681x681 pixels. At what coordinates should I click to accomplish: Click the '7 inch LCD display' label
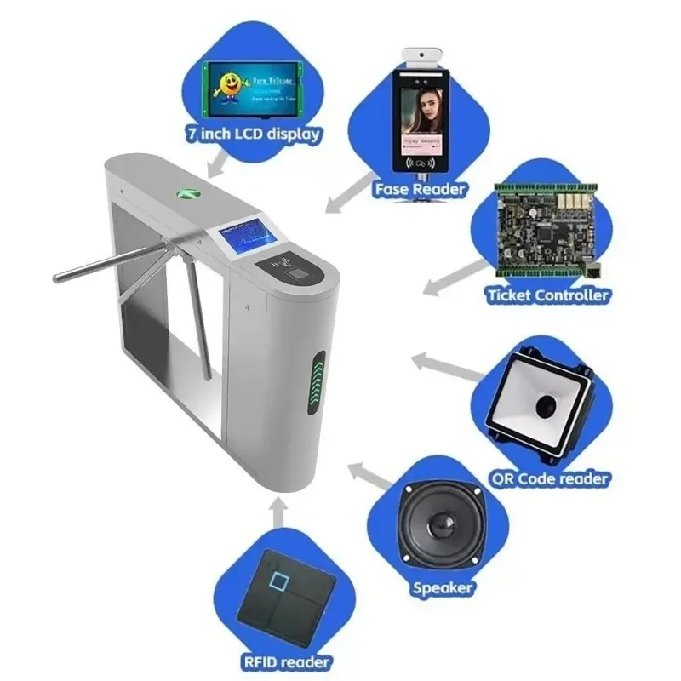click(x=253, y=134)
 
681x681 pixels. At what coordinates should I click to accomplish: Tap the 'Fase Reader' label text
click(x=420, y=188)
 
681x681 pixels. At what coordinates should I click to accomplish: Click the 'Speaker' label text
click(x=443, y=587)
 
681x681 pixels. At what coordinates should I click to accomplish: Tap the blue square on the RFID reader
click(x=278, y=583)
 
